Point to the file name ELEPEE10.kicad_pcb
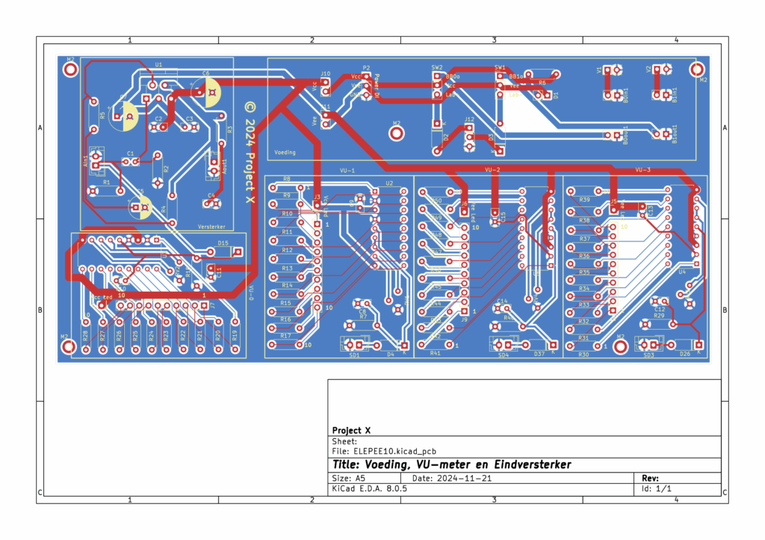pos(395,451)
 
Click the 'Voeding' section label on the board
pos(285,152)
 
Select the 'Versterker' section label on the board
pos(211,226)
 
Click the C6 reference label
pos(205,73)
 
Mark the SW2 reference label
pos(436,67)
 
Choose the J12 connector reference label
pos(469,119)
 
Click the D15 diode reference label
pos(223,243)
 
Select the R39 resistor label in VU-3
pos(584,200)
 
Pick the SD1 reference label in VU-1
pos(354,355)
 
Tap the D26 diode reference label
pos(684,355)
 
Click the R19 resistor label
pos(235,336)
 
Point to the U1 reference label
pos(158,65)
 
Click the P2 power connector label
pos(366,67)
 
